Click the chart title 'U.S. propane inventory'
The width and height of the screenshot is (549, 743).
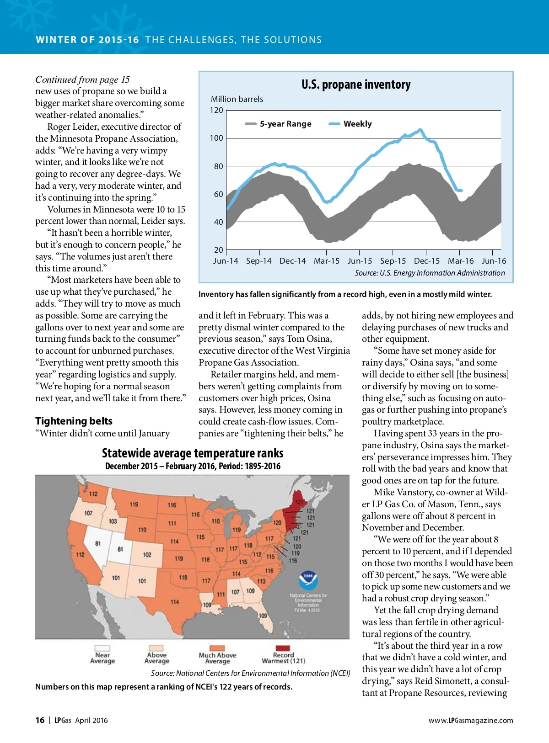(356, 85)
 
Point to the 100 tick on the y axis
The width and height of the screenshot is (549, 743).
(216, 138)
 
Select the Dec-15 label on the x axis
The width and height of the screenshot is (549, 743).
(426, 261)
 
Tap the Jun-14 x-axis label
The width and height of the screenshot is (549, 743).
(226, 261)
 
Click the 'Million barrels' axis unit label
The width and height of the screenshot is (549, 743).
(237, 99)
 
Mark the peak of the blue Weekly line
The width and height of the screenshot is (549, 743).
(420, 129)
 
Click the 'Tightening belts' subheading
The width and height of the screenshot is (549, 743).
(74, 421)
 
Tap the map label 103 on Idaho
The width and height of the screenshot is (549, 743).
(113, 521)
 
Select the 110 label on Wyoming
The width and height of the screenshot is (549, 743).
(142, 530)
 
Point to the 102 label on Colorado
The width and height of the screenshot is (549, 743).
(147, 554)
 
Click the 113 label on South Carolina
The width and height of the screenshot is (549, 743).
(261, 581)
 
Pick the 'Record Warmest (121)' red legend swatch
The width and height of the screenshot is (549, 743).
(283, 648)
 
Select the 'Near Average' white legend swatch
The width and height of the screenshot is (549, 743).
(102, 648)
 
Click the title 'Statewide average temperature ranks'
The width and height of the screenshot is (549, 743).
(193, 453)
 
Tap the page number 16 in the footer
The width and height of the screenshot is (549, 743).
(40, 720)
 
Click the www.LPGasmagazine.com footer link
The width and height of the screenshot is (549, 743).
(471, 720)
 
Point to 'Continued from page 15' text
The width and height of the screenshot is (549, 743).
(82, 80)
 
